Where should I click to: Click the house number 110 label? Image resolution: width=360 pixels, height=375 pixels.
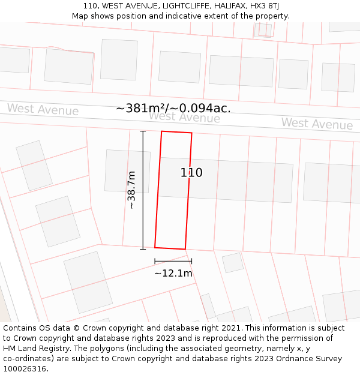pos(191,173)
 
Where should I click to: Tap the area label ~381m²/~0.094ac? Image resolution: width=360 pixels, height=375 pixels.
pos(173,108)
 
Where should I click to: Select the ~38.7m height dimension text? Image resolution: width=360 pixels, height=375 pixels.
pos(132,190)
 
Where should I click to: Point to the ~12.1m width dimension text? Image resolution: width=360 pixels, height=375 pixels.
pos(173,274)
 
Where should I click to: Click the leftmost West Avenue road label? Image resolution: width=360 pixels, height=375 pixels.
pos(43,109)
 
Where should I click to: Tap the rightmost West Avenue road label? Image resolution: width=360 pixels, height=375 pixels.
pos(317,124)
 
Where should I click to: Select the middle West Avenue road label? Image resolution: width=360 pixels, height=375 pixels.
pos(184,117)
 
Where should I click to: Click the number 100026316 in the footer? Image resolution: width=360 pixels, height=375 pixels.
pos(25,369)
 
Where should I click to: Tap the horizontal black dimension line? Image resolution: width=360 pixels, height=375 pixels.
pos(173,261)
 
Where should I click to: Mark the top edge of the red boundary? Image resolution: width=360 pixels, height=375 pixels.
pos(176,132)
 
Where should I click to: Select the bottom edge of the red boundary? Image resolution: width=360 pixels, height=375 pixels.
pos(170,248)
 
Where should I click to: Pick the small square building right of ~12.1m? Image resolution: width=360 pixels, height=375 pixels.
pos(233,262)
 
